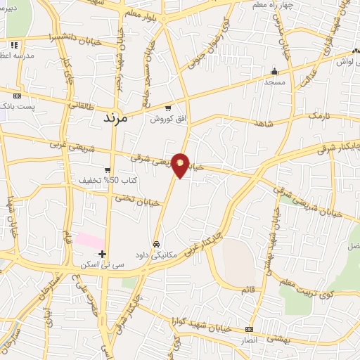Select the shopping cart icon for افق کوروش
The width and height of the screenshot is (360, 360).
click(167, 108)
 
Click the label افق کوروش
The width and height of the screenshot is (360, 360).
click(167, 120)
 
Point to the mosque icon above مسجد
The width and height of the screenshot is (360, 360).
click(274, 71)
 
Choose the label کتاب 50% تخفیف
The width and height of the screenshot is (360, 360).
click(108, 181)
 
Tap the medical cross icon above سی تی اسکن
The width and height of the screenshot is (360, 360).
click(103, 253)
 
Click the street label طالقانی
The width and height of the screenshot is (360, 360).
click(85, 105)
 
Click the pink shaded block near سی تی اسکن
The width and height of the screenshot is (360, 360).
click(90, 240)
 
